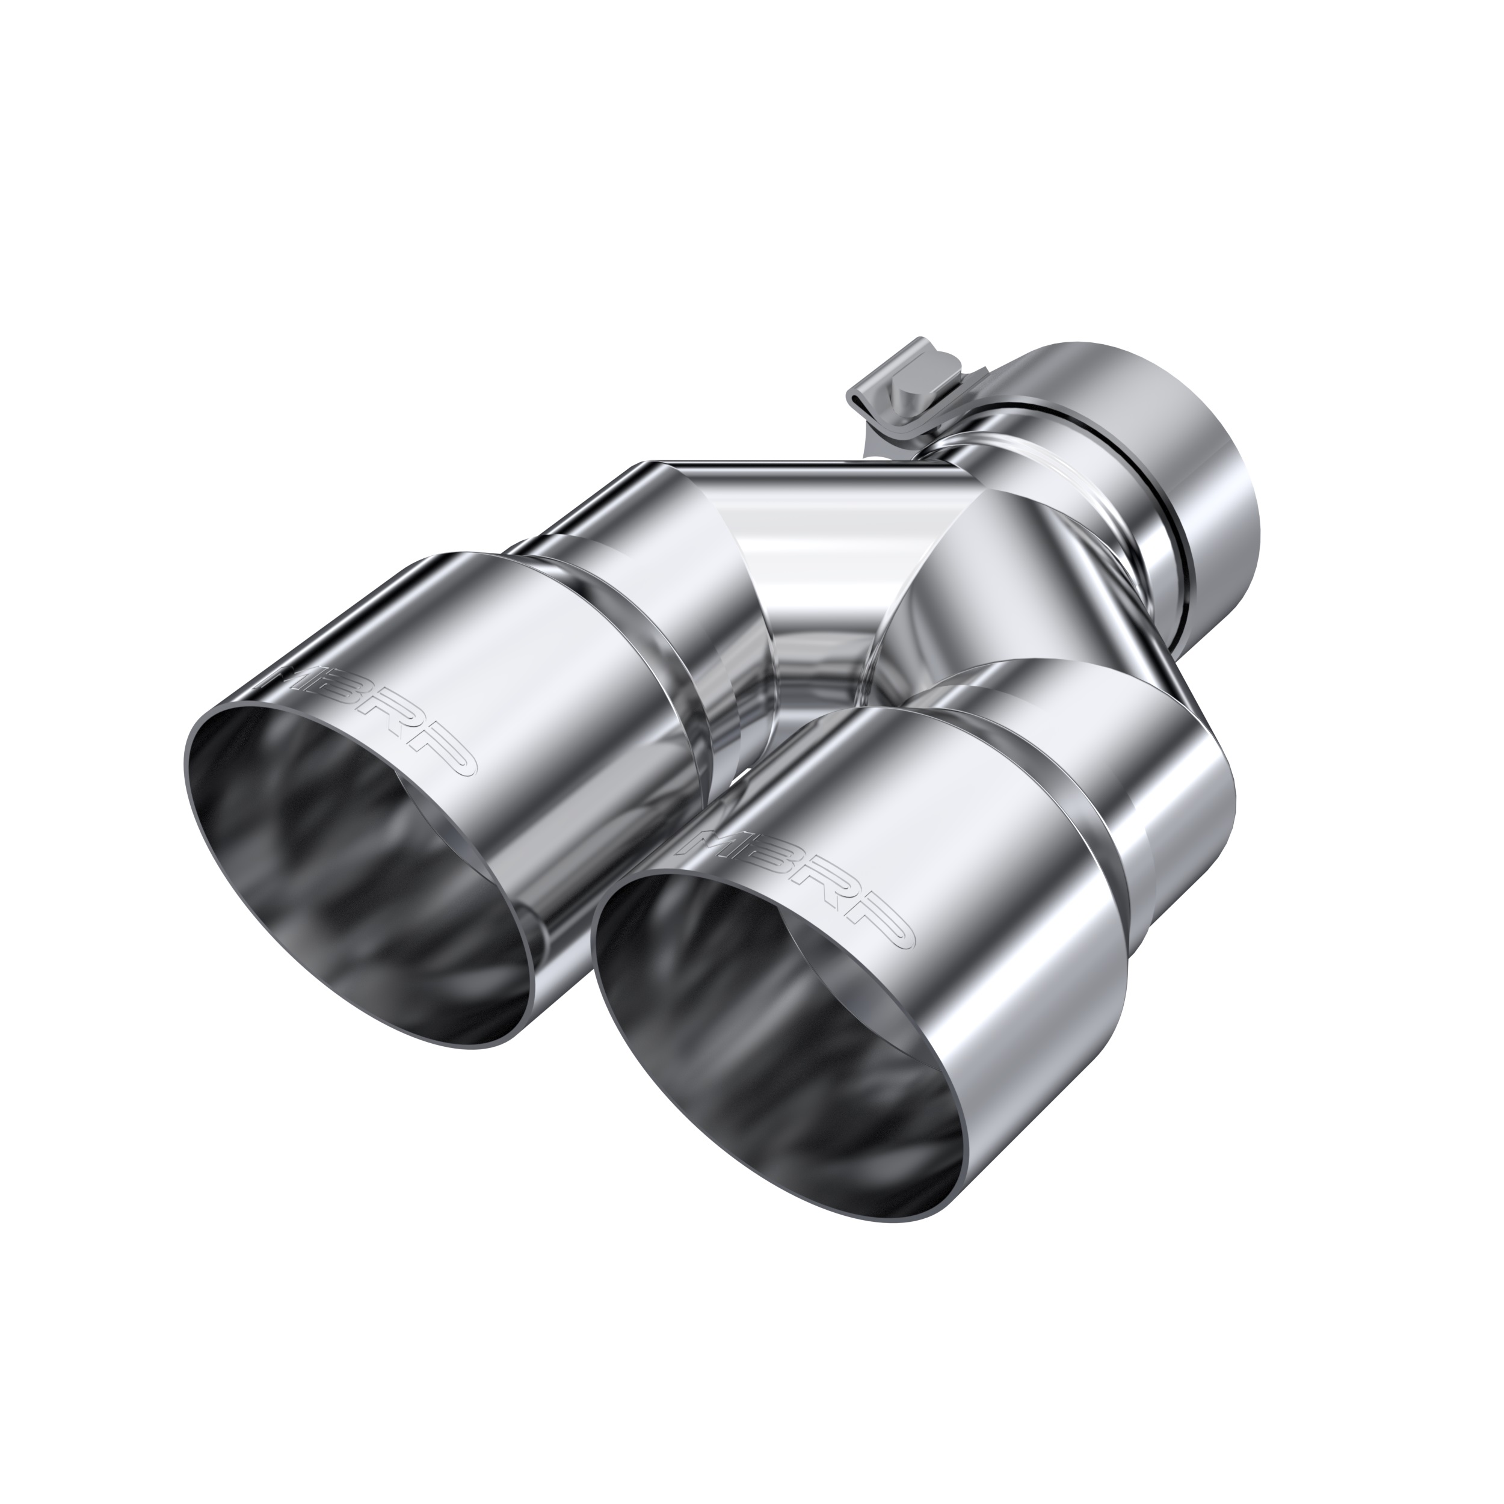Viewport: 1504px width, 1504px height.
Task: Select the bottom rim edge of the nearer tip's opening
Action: [856, 1237]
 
